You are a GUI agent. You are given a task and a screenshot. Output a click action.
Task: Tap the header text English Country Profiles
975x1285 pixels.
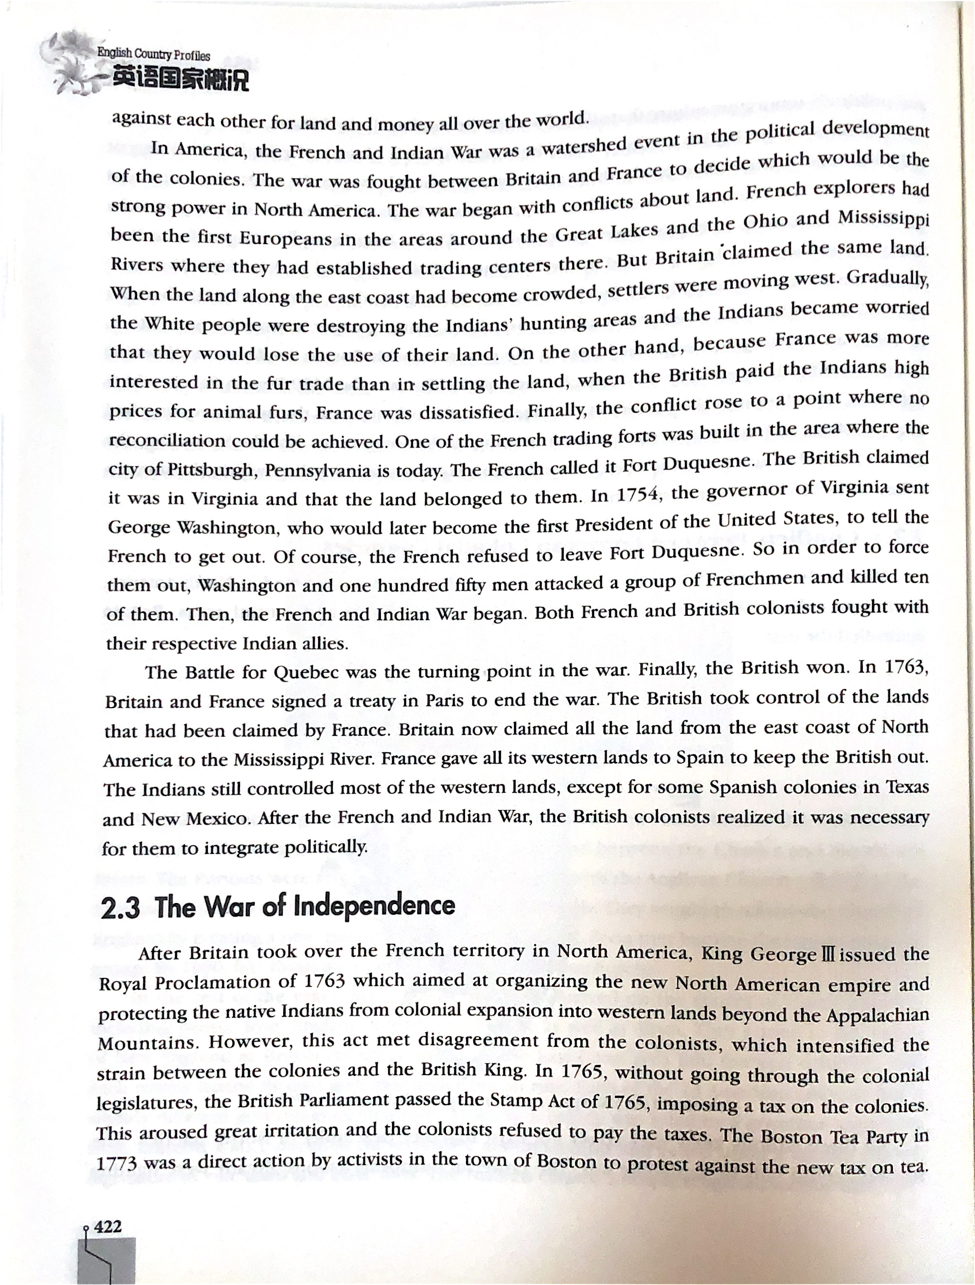click(x=154, y=55)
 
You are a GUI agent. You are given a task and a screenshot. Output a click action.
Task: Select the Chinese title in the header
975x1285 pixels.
click(x=180, y=80)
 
